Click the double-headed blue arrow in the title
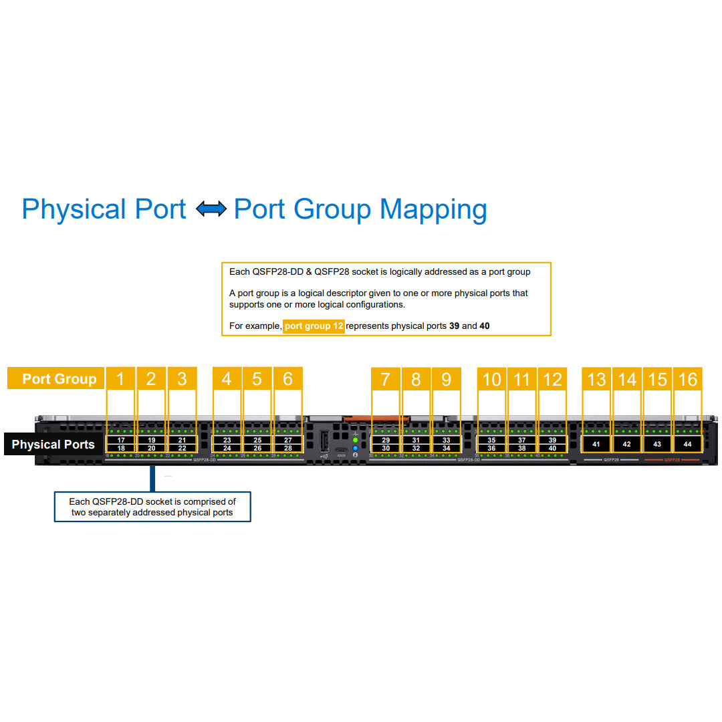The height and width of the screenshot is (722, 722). tap(211, 209)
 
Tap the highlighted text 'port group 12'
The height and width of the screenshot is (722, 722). tap(314, 326)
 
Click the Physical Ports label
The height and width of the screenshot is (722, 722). tap(53, 445)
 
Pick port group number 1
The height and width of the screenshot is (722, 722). tap(120, 379)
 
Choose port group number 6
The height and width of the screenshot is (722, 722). tap(287, 379)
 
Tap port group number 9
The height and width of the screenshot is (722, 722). tap(447, 379)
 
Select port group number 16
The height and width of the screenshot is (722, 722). tap(687, 379)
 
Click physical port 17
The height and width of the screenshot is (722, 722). tap(121, 441)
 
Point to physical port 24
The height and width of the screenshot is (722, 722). tap(227, 449)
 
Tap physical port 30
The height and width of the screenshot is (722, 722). tap(386, 449)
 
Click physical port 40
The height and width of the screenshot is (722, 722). tap(552, 449)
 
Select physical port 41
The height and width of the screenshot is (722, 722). tap(596, 444)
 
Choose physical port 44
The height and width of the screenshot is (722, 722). tap(687, 444)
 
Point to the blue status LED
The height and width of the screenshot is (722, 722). tap(355, 448)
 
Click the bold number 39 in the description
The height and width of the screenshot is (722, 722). tap(454, 326)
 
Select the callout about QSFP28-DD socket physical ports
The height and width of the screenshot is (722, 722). tap(152, 507)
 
